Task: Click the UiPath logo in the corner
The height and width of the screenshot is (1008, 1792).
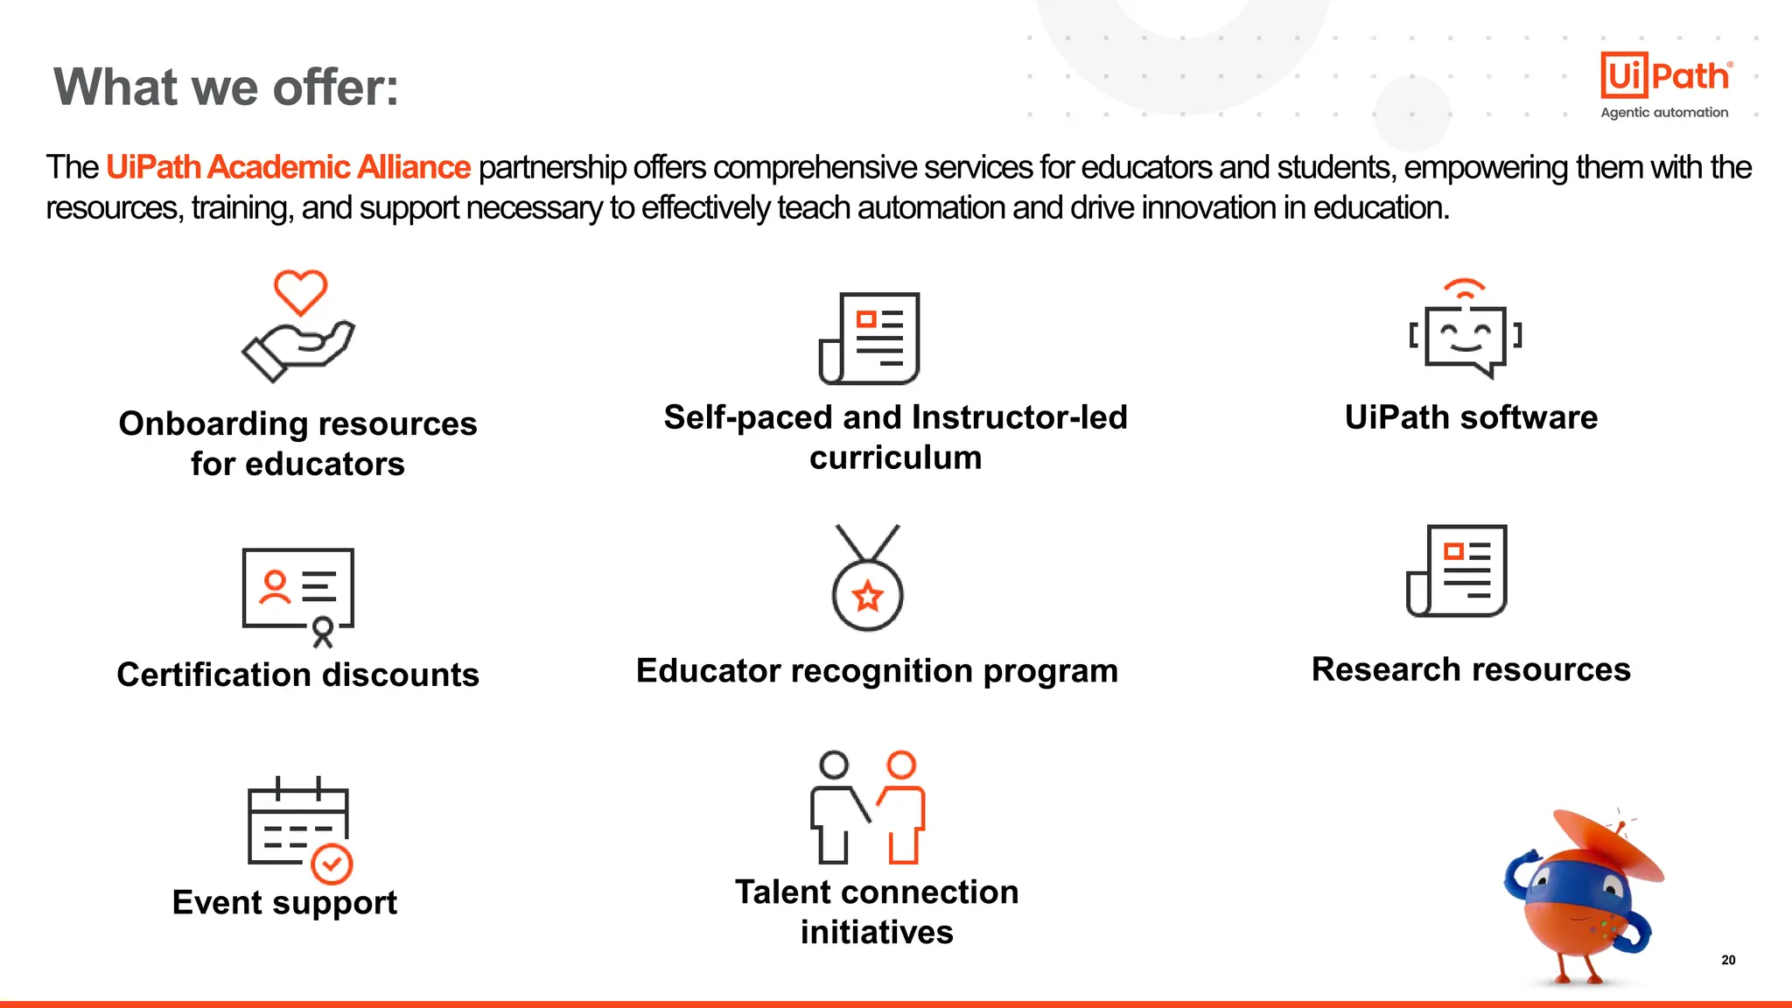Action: coord(1665,75)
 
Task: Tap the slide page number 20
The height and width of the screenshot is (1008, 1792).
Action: coord(1728,960)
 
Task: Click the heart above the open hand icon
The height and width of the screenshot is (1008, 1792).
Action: coord(300,292)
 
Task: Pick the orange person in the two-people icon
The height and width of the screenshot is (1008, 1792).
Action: coord(902,806)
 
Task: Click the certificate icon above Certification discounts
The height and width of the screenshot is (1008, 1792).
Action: coord(298,595)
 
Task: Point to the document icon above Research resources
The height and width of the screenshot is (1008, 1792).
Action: coord(1457,570)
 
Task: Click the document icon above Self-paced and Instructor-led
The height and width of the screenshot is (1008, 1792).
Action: coord(870,339)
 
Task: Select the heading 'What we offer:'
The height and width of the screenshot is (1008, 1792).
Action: coord(226,87)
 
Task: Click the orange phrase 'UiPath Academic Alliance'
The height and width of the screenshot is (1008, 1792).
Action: coord(288,167)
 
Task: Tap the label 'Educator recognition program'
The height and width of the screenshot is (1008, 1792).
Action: coord(877,671)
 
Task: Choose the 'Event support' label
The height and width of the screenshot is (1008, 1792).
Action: coord(284,902)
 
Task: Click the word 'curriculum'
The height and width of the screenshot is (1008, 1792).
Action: coord(895,458)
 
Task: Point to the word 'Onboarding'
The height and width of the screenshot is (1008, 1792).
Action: coord(212,423)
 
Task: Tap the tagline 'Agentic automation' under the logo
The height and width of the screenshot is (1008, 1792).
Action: coord(1664,113)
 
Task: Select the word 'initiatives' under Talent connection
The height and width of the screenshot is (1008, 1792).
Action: coord(877,932)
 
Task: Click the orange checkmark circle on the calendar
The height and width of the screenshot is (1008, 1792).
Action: coord(332,864)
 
